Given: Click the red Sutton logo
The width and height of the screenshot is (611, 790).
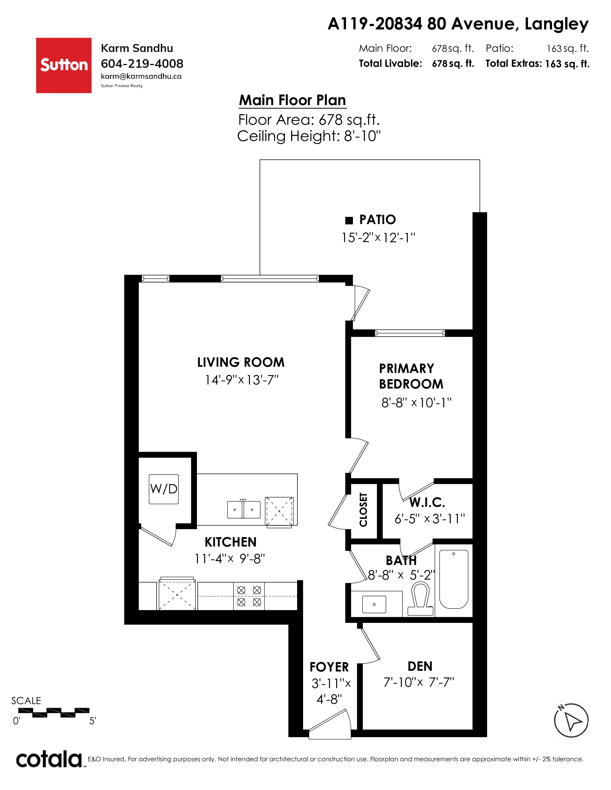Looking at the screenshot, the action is click(64, 65).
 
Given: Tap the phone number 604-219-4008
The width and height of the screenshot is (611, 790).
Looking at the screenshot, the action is click(142, 64).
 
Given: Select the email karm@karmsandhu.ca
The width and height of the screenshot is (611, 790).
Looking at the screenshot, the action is click(141, 76).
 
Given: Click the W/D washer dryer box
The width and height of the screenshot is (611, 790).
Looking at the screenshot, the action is click(164, 489).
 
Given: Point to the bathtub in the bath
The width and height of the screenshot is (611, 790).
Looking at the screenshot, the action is click(454, 579).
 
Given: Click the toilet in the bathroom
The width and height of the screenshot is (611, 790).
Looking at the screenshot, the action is click(421, 599).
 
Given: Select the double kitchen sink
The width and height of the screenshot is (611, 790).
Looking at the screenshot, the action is click(244, 509).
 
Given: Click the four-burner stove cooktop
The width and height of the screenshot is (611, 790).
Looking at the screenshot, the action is click(249, 596).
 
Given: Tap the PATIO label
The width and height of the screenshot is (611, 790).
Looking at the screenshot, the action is click(378, 220).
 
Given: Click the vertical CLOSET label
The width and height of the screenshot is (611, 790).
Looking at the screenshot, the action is click(363, 510).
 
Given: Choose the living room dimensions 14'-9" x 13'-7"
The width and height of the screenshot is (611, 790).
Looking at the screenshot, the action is click(242, 380).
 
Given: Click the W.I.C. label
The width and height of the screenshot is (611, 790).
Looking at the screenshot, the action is click(427, 502).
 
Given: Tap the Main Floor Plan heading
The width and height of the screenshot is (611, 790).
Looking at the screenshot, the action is click(293, 100).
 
